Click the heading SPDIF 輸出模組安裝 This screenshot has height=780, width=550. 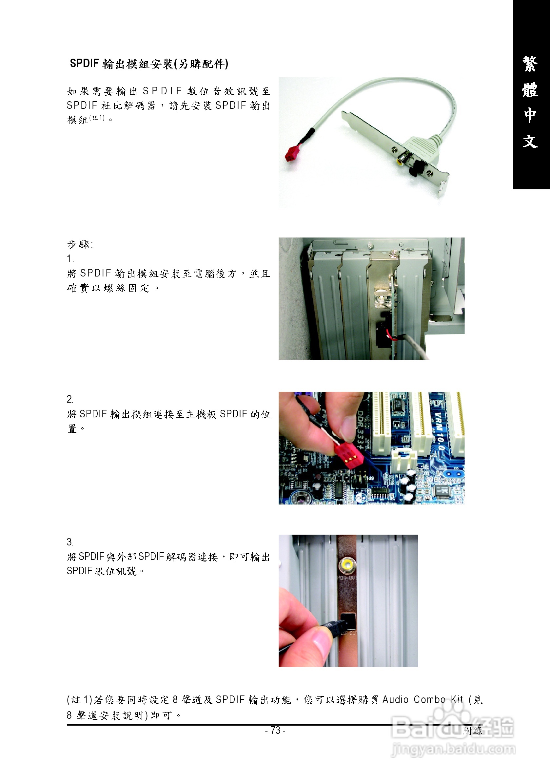pos(148,64)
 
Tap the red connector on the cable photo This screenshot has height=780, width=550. pos(293,153)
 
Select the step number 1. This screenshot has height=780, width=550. pos(70,259)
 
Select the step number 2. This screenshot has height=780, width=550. pos(70,399)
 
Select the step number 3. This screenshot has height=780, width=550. pos(70,542)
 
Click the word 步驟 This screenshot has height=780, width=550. pos(79,244)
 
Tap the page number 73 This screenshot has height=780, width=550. pos(275,730)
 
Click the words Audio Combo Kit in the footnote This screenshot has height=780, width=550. pos(422,699)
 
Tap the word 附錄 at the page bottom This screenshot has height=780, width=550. pos(473,731)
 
